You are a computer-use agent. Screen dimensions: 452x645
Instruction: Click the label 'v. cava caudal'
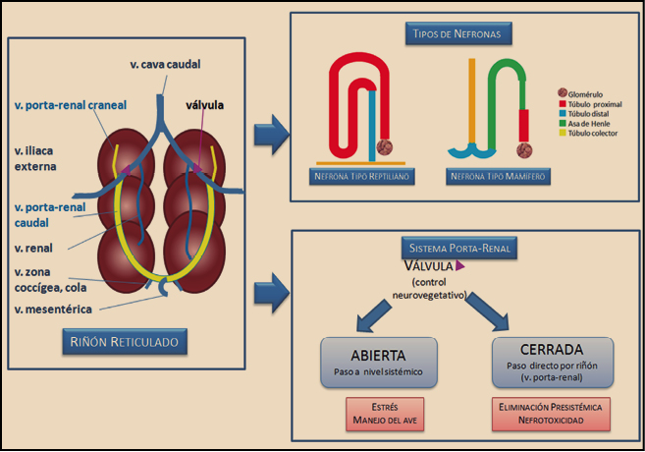pyautogui.click(x=164, y=65)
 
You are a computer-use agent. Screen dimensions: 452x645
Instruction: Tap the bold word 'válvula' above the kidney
pyautogui.click(x=207, y=104)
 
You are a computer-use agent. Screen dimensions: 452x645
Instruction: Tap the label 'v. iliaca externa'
pyautogui.click(x=36, y=158)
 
